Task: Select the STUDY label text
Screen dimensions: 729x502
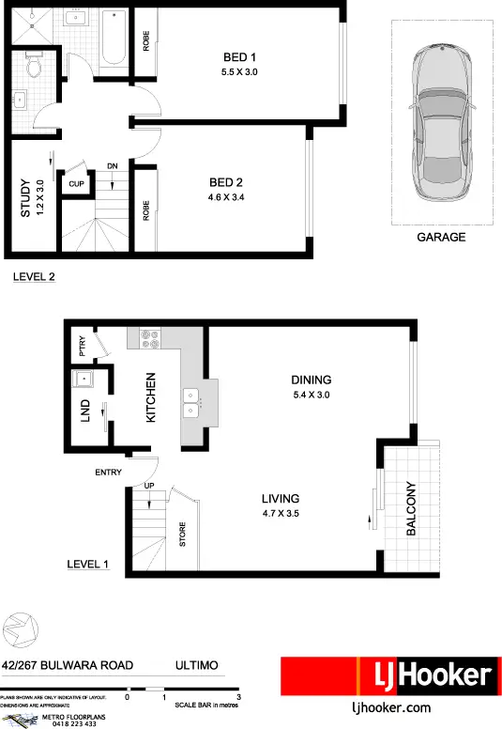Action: [x=25, y=198]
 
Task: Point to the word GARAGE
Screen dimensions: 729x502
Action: [x=440, y=238]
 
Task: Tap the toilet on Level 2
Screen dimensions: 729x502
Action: [x=33, y=66]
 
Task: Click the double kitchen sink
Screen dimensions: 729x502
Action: [x=191, y=403]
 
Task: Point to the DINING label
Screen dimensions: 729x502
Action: [x=311, y=380]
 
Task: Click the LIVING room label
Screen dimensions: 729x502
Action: [x=281, y=499]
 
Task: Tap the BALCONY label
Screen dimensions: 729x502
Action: [x=410, y=508]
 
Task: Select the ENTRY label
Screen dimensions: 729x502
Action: [x=109, y=473]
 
